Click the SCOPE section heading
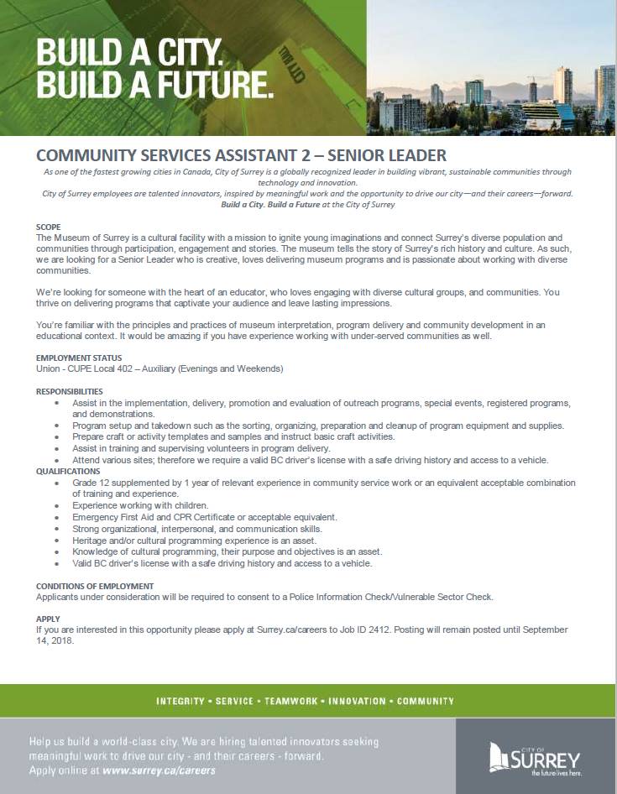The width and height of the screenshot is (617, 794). coord(49,227)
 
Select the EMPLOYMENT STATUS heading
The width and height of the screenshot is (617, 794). coord(78,358)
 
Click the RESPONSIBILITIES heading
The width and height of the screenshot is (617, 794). coord(70,391)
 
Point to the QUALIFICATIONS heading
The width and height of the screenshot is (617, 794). coord(68,472)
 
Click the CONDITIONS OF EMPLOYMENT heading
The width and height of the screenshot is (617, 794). coord(95,586)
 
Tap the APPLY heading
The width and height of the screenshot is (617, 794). coord(48,619)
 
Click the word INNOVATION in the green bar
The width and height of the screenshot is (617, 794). coord(357,701)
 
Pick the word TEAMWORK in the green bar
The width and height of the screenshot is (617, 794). coord(295,701)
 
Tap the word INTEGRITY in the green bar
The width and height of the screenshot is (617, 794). coord(180,701)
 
